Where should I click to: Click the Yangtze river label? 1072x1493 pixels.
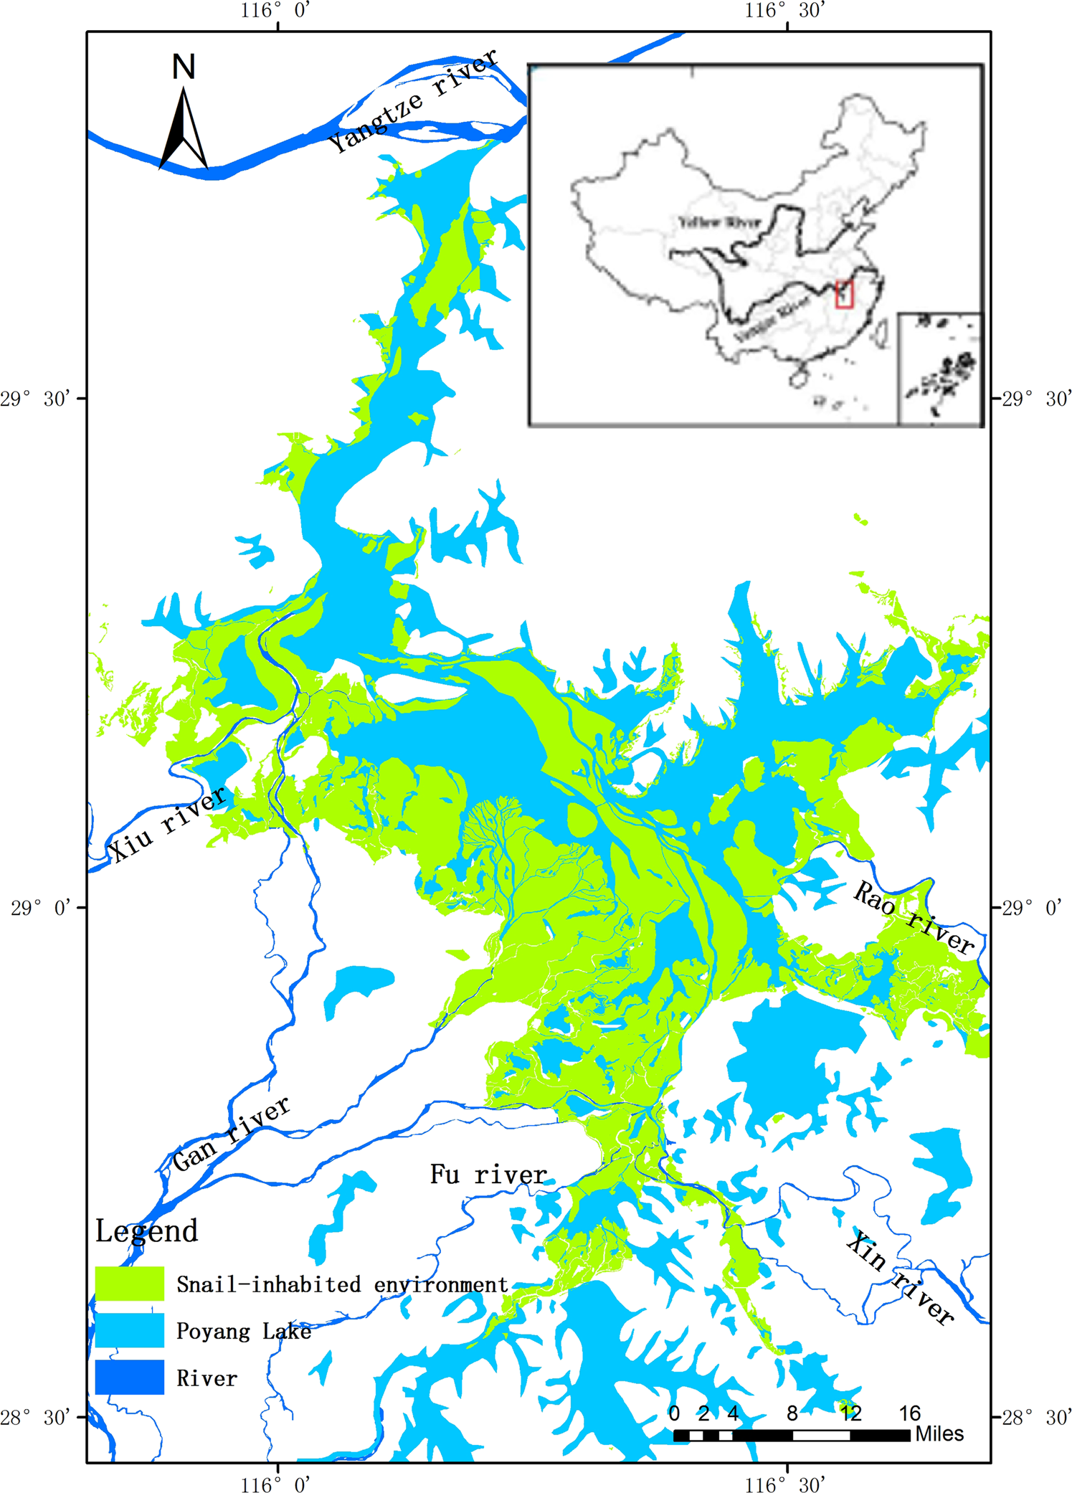coord(412,101)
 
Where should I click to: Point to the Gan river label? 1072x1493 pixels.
coord(231,1134)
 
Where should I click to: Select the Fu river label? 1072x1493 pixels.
coord(488,1175)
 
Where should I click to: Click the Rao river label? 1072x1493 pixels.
coord(914,919)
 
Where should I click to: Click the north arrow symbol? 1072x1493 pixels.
coord(184,128)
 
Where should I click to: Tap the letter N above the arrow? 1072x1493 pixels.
coord(184,67)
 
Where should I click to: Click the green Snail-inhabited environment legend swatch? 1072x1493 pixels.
coord(130,1284)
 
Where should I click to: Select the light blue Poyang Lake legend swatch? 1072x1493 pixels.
coord(130,1330)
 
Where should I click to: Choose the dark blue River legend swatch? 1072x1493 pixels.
coord(130,1377)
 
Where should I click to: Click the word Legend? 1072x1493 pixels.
coord(147,1231)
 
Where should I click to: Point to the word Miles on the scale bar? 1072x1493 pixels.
coord(939,1434)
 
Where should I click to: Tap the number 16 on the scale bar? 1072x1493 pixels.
coord(909,1413)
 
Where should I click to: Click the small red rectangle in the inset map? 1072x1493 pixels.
coord(844,294)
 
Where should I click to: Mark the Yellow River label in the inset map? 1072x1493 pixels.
coord(719,222)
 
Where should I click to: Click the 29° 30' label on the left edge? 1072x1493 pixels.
coord(36,399)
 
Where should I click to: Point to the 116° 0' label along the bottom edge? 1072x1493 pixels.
coord(275,1483)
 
